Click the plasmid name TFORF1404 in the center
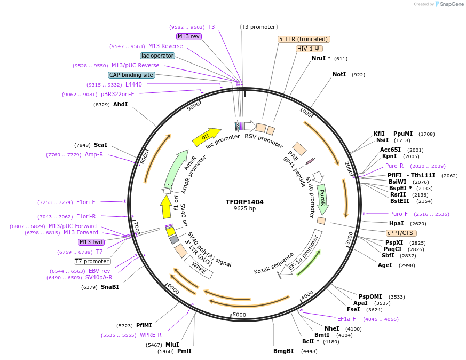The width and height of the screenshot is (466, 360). click(x=244, y=202)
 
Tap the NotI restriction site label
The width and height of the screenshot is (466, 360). click(x=339, y=74)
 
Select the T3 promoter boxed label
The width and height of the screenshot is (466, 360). click(x=258, y=27)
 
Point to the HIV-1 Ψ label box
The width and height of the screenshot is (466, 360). click(x=309, y=49)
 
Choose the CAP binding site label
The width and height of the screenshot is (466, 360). click(x=131, y=75)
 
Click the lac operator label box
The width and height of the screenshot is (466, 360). click(x=157, y=56)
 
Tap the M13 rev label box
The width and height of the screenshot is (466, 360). click(x=188, y=36)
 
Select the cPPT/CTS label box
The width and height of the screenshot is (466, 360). click(x=401, y=233)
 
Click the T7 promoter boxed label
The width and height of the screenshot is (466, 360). click(x=92, y=261)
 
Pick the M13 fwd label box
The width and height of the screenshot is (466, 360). click(x=91, y=242)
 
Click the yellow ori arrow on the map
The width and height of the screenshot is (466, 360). click(x=206, y=137)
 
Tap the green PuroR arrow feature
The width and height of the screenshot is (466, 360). click(x=322, y=199)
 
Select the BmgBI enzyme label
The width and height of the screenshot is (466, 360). click(x=283, y=351)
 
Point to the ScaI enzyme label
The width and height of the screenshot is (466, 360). click(x=100, y=145)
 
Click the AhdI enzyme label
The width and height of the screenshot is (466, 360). click(x=120, y=104)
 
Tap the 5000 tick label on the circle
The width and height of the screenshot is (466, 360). click(x=239, y=315)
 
